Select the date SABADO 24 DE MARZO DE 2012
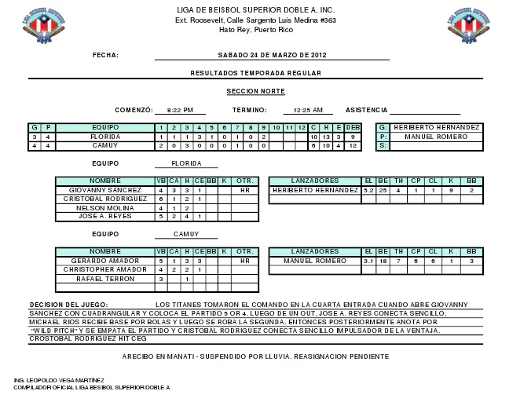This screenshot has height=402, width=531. tap(272, 55)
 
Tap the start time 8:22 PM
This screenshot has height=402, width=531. tap(180, 111)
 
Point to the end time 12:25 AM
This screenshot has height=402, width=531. tap(308, 111)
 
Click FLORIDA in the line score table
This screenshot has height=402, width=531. tap(105, 137)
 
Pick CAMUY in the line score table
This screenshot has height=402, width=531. tap(105, 145)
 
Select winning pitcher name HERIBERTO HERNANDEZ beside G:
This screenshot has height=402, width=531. tap(437, 127)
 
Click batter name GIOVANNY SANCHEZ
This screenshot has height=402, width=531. tap(105, 190)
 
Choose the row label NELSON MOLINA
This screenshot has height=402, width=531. tap(105, 208)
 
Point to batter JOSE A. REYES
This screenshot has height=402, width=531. tap(105, 217)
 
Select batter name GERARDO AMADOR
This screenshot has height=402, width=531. tap(105, 261)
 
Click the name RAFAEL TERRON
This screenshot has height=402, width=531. tap(105, 279)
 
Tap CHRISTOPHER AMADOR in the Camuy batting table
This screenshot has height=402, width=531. tap(105, 269)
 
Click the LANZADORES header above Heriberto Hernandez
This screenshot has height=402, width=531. tap(314, 181)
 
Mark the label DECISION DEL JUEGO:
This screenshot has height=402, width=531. tap(66, 305)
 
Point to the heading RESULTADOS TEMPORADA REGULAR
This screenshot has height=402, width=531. tap(255, 72)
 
